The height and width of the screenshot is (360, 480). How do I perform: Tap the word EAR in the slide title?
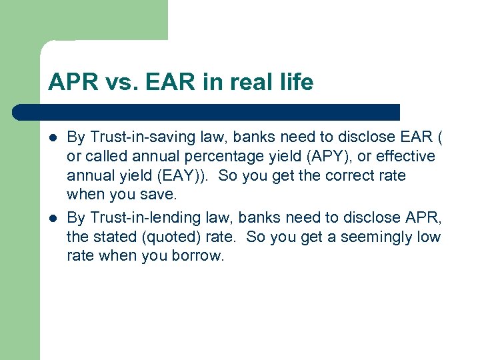pos(159,83)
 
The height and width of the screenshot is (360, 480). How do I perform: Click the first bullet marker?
pos(53,138)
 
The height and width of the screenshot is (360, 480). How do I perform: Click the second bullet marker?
pos(53,218)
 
